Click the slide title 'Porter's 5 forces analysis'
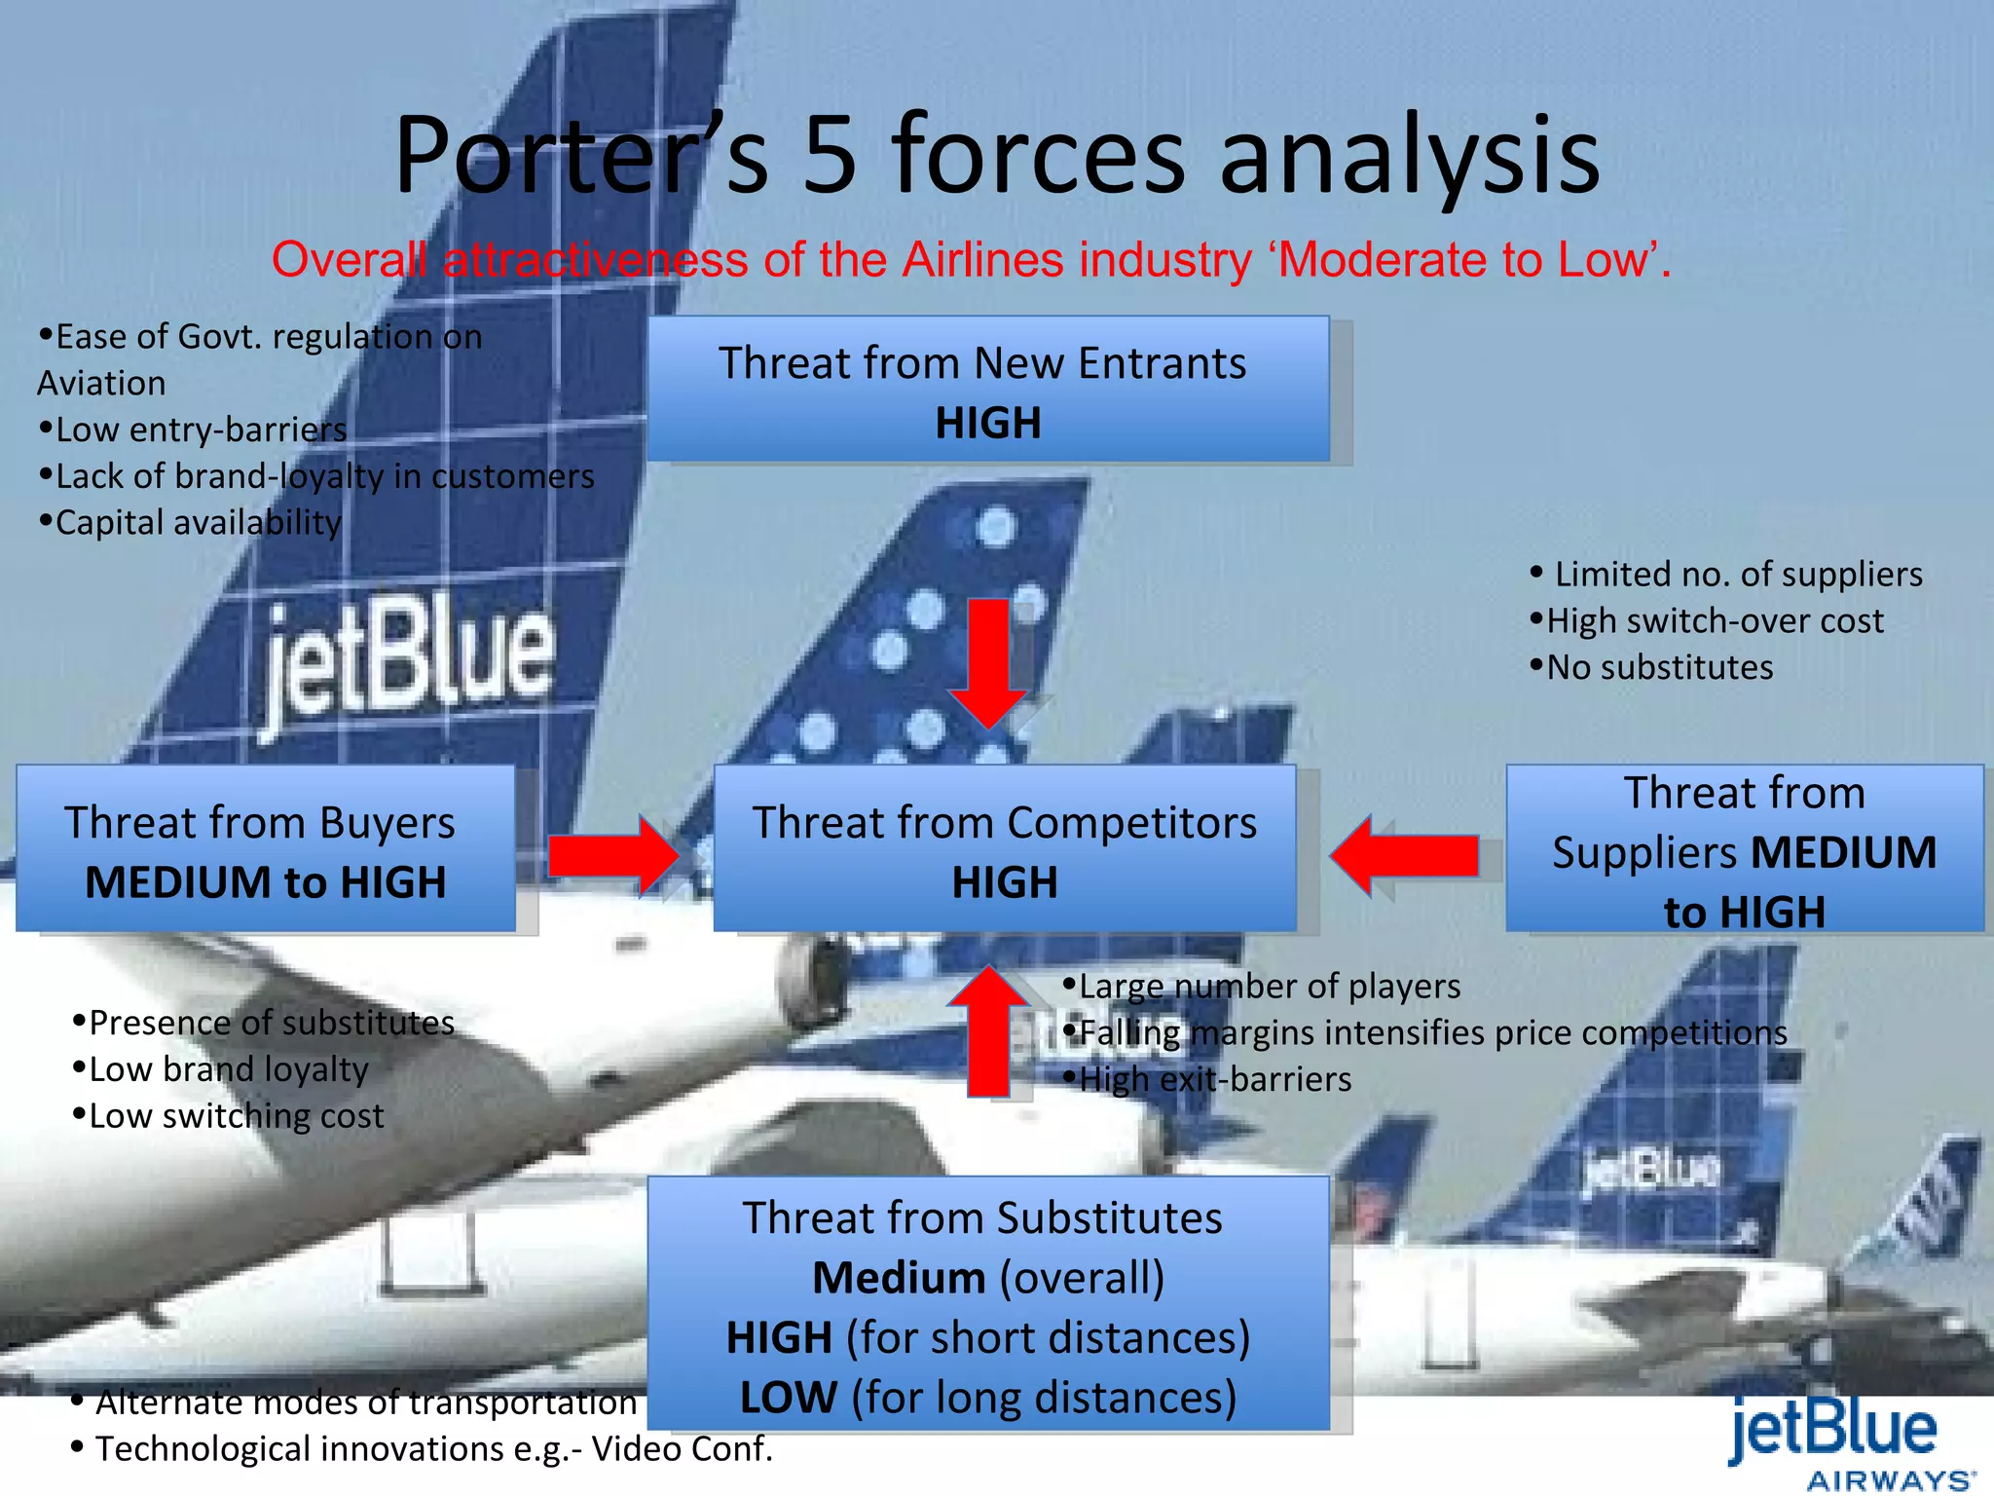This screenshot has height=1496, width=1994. click(x=997, y=156)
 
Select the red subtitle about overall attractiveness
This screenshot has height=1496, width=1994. click(x=972, y=260)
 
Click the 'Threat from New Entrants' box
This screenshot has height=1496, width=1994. click(x=987, y=390)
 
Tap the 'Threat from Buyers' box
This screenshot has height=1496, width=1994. click(x=265, y=849)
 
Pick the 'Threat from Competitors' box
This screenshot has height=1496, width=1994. click(x=1005, y=849)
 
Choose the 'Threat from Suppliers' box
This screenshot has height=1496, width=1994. click(x=1744, y=849)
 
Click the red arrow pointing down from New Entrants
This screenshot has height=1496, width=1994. click(x=988, y=662)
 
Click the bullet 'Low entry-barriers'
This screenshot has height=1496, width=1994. click(x=201, y=430)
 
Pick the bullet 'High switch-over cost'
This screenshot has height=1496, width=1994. click(x=1714, y=620)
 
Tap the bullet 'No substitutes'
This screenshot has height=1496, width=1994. click(x=1659, y=667)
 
